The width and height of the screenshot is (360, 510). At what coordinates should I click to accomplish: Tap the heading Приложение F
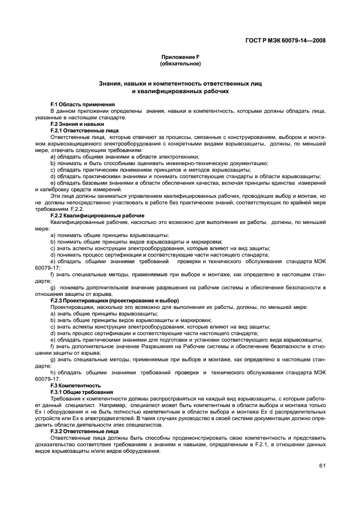pyautogui.click(x=180, y=57)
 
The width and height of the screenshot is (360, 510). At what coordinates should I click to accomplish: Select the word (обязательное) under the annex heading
pyautogui.click(x=180, y=64)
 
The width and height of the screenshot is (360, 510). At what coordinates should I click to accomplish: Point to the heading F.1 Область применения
pyautogui.click(x=82, y=104)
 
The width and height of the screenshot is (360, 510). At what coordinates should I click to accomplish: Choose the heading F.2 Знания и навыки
pyautogui.click(x=77, y=124)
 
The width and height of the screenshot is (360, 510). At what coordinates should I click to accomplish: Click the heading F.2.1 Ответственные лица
pyautogui.click(x=84, y=131)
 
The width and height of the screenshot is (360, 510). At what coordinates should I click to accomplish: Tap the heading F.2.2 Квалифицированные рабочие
pyautogui.click(x=93, y=216)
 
